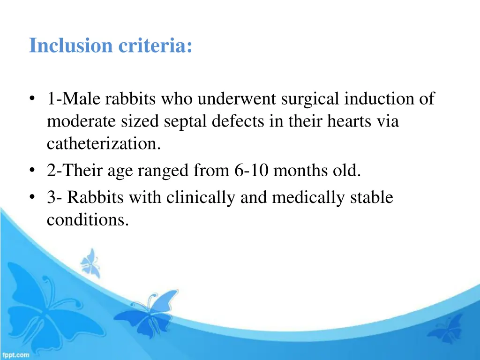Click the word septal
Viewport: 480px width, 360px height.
tap(186, 121)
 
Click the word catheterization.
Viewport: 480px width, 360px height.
tap(104, 144)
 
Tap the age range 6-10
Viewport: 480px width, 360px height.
tap(251, 171)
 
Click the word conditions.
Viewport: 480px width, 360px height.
tap(88, 220)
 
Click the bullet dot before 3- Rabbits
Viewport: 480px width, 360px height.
tap(32, 198)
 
